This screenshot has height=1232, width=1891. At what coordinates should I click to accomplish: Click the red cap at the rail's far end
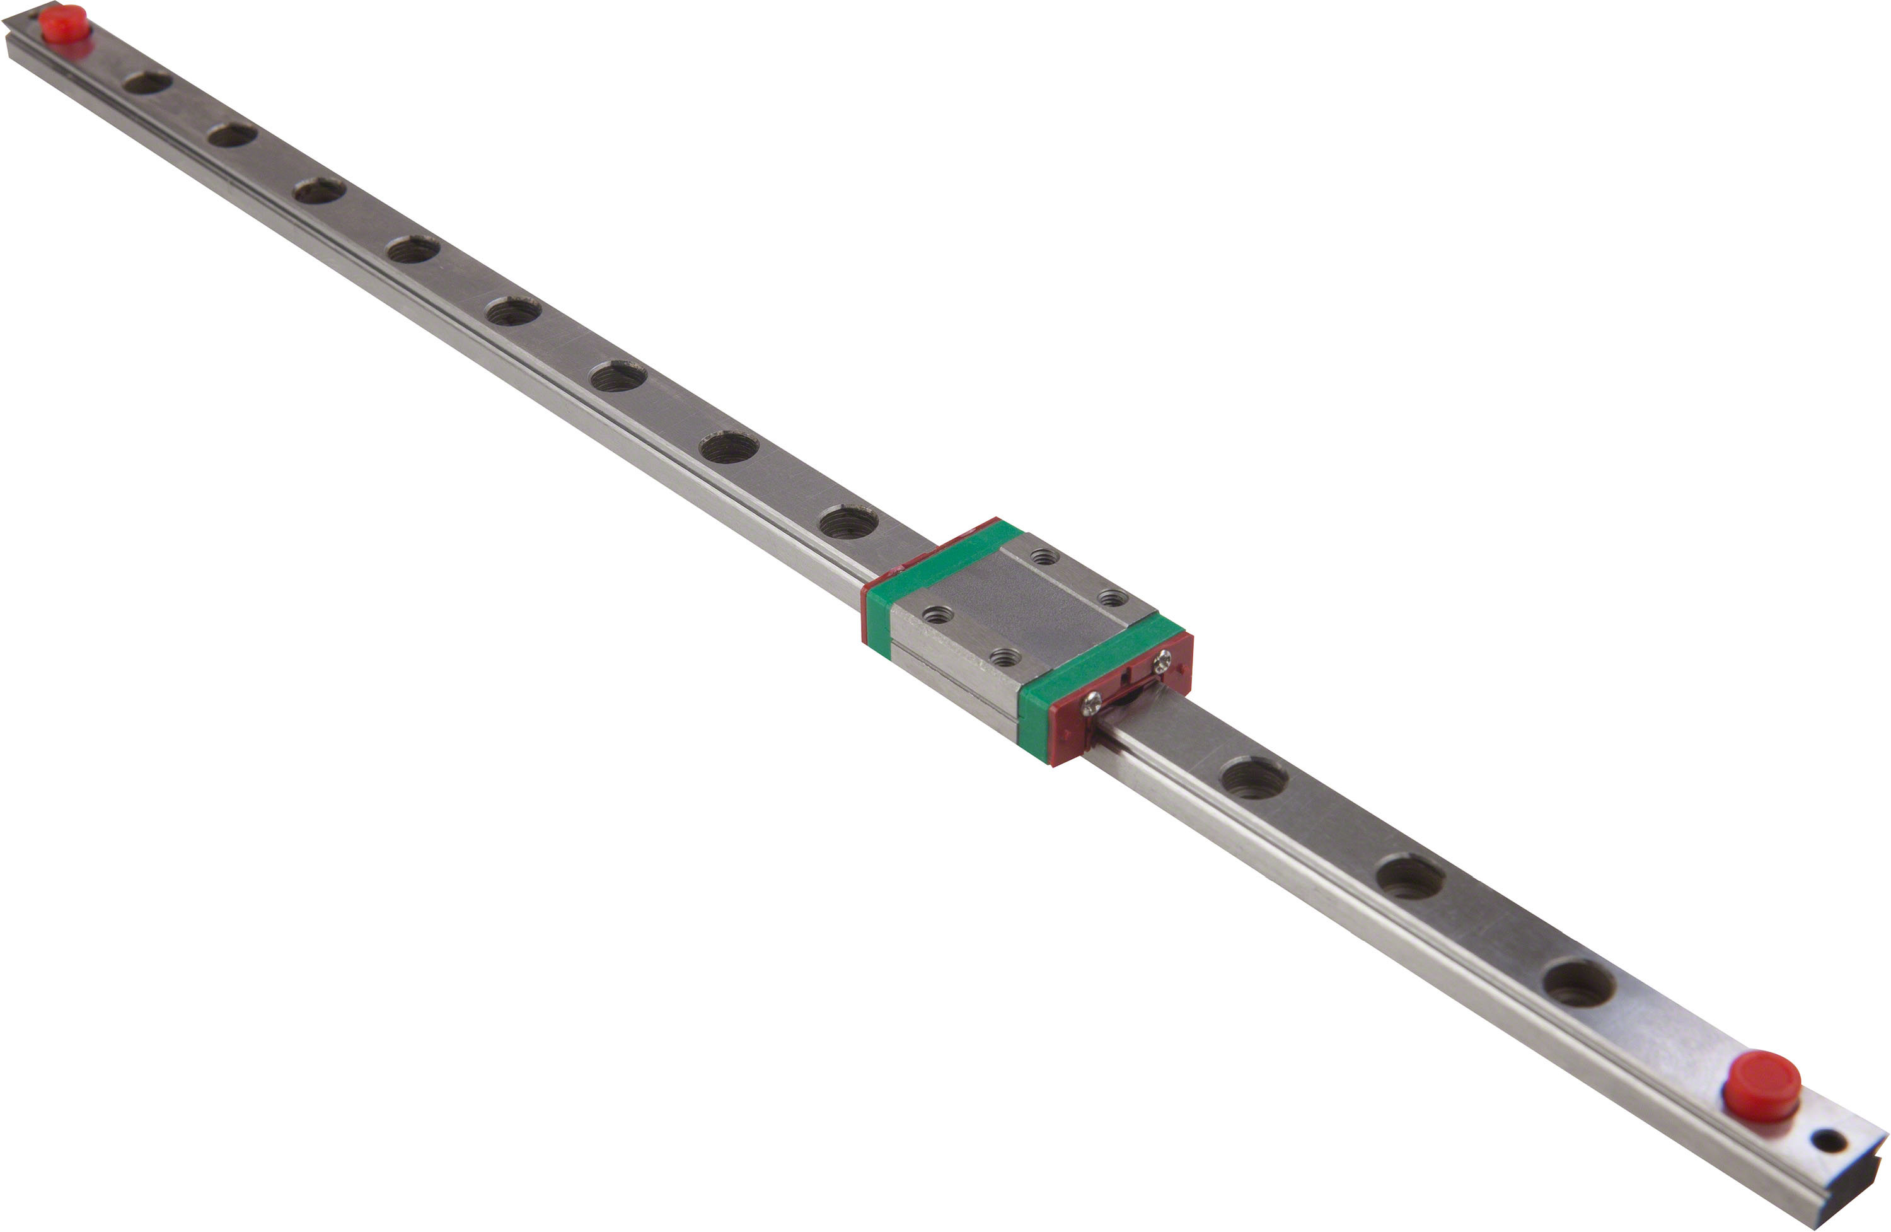(64, 23)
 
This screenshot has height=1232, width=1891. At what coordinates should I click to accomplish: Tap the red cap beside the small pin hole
(1762, 1085)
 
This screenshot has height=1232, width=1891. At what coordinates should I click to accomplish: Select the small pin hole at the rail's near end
(1831, 1141)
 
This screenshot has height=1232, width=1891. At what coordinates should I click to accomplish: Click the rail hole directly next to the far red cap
(147, 82)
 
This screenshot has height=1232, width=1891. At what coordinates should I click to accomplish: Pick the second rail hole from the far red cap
(232, 135)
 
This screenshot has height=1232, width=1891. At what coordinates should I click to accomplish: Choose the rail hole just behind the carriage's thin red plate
(848, 522)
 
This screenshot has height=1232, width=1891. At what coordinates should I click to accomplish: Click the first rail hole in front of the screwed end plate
(1254, 777)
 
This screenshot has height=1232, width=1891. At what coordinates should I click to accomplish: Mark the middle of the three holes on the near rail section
(1410, 878)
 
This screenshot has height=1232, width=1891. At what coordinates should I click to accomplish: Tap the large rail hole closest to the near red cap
(1580, 983)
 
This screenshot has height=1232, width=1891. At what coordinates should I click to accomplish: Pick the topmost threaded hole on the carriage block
(1044, 557)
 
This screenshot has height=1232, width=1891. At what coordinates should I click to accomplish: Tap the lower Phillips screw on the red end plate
(1092, 702)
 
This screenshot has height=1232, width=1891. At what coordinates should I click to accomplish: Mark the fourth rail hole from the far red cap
(413, 250)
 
